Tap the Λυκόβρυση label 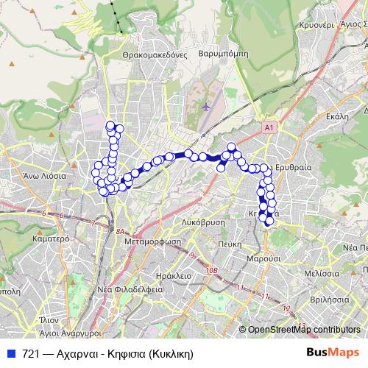click(x=202, y=222)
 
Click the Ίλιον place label click(x=49, y=320)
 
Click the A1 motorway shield click(x=269, y=128)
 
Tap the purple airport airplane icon click(x=207, y=107)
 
